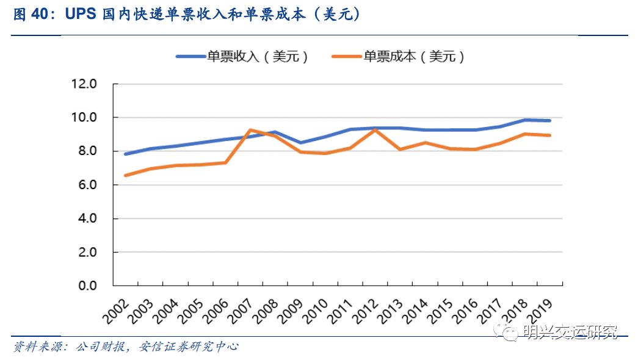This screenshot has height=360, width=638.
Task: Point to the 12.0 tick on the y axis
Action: point(85,84)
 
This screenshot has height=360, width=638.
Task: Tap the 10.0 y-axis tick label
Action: point(85,117)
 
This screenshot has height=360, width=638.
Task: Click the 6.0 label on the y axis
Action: point(85,184)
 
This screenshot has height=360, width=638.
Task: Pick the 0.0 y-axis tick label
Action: point(85,286)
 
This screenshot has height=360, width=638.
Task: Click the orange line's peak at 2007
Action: point(251,129)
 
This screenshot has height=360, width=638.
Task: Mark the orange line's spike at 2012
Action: point(374,129)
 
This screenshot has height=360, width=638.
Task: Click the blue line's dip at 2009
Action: point(300,143)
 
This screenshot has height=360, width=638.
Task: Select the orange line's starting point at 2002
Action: point(126,176)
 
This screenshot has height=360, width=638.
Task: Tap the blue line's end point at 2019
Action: point(549,121)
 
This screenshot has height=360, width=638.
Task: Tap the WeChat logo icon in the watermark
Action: point(510,333)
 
